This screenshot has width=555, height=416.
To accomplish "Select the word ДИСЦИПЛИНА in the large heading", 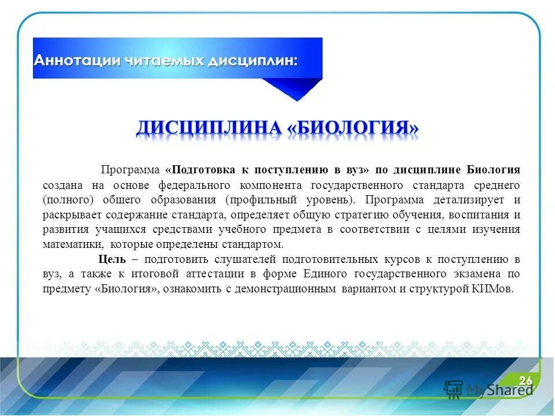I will tap(209, 128).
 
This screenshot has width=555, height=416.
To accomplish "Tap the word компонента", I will tap(272, 185).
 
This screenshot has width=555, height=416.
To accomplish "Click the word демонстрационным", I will tap(283, 289).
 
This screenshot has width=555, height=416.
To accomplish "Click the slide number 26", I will tap(525, 380).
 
